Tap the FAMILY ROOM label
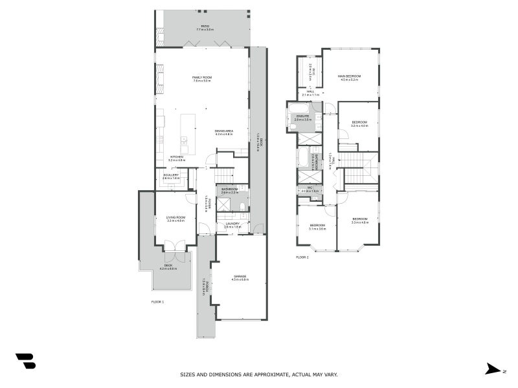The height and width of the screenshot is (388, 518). click(202, 77)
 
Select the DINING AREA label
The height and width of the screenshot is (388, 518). click(224, 131)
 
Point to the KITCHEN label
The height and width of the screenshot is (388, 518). click(177, 156)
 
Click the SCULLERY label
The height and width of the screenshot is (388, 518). click(171, 175)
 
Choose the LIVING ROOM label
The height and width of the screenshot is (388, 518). click(175, 217)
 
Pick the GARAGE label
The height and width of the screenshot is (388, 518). click(240, 277)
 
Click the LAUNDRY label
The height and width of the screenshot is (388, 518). click(232, 224)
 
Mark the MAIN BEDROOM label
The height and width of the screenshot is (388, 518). click(349, 76)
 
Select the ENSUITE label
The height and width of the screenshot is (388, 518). click(303, 117)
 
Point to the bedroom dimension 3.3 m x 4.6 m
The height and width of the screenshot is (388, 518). click(359, 222)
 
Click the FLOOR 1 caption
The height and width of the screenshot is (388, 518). click(158, 302)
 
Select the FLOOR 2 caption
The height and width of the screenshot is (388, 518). click(302, 257)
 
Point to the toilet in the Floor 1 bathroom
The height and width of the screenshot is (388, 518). click(241, 206)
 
